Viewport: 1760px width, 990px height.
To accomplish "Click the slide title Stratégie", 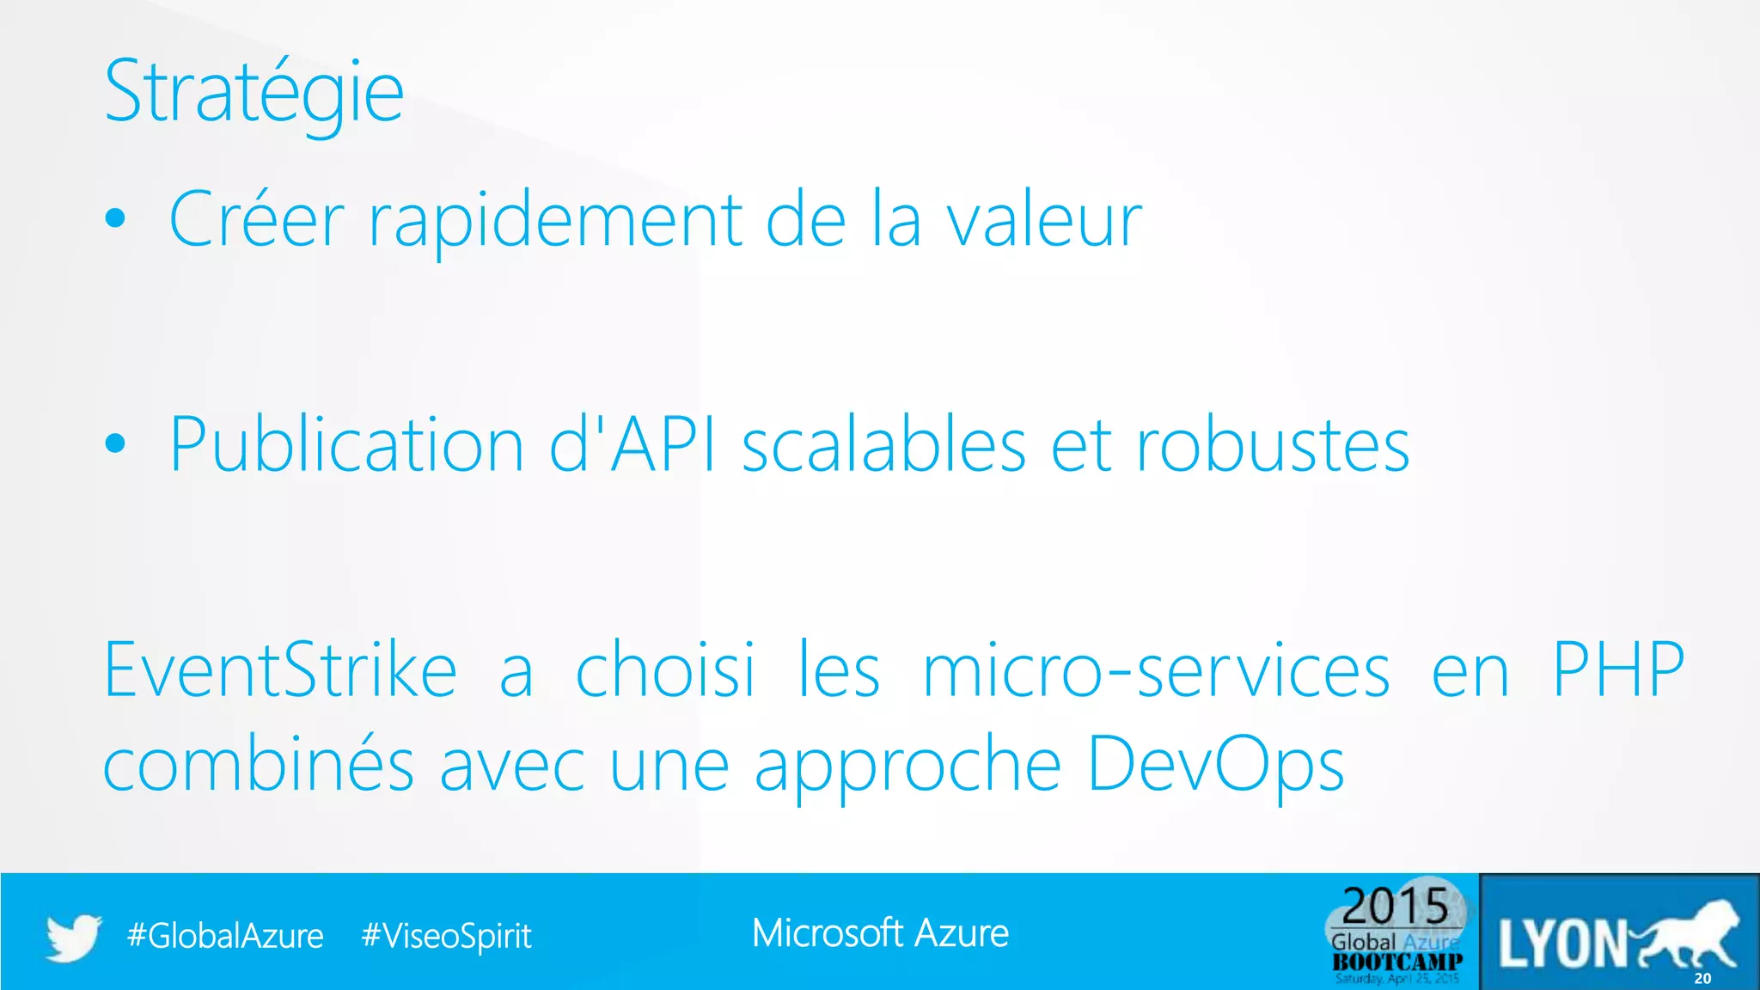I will pos(254,93).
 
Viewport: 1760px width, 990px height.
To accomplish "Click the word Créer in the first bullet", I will pos(256,220).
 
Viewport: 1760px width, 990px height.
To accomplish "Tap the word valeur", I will pos(1044,220).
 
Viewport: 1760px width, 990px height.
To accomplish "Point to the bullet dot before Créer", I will pos(115,219).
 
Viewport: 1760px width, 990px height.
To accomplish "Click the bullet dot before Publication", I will pos(115,443).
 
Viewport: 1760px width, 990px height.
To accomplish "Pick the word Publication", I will pos(346,445).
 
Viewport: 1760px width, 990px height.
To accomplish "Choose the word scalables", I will pos(883,445).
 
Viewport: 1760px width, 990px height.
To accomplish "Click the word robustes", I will pos(1273,445).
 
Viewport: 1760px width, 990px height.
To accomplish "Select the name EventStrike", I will pos(280,670).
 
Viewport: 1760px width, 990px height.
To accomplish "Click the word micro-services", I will pos(1156,670).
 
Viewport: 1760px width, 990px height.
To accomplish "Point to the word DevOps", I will pos(1215,765).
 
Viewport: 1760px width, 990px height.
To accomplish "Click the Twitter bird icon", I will pos(73,937).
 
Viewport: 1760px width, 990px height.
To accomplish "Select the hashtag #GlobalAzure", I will pos(225,936).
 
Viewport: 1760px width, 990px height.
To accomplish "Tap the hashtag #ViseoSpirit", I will pos(446,936).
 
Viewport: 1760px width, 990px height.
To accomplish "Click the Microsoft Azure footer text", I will pos(880,933).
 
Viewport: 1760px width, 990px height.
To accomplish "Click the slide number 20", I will pos(1702,978).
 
